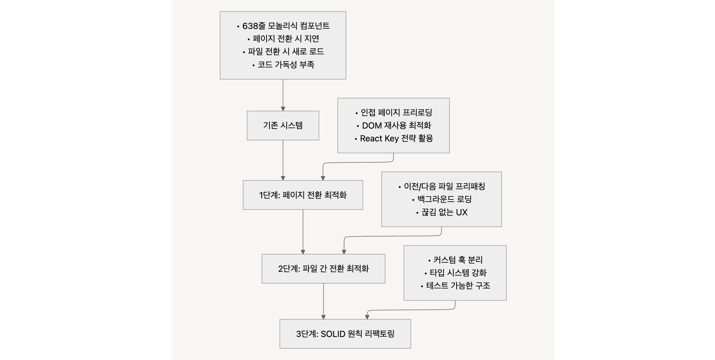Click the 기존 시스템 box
[283, 126]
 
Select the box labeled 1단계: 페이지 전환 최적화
[302, 195]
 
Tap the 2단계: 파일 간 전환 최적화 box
[323, 269]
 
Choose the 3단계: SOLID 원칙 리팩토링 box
[345, 334]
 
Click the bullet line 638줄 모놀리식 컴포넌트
[286, 26]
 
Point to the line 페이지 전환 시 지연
[286, 39]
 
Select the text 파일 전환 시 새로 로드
[286, 52]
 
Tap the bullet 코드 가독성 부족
[286, 65]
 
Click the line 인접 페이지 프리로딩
[396, 113]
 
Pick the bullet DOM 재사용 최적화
[396, 126]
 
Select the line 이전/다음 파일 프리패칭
[444, 187]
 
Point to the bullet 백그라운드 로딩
[444, 199]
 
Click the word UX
[462, 212]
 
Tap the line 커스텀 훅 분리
[458, 260]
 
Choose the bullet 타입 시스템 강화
[458, 273]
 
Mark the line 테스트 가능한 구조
[458, 286]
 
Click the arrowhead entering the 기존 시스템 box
[283, 109]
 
